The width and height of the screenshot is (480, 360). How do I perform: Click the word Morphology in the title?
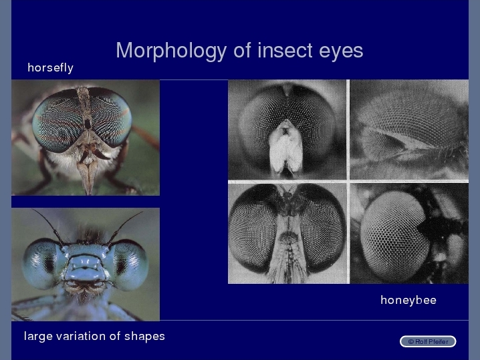[171, 51]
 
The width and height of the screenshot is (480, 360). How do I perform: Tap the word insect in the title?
[285, 50]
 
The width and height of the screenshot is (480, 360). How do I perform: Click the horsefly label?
[51, 67]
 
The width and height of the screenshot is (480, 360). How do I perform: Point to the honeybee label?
[408, 300]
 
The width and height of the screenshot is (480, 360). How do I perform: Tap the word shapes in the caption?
[144, 337]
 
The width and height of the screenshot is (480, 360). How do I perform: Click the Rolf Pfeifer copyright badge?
[428, 341]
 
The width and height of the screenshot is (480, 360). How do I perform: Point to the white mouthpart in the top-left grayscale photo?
[285, 148]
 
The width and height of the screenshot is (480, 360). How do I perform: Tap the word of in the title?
[242, 50]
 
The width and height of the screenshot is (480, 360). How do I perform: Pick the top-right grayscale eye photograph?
[409, 130]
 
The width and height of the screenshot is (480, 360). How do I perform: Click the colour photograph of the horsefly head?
[86, 138]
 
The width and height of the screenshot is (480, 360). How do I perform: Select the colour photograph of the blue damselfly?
[86, 264]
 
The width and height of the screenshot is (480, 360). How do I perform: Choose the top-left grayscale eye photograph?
[287, 130]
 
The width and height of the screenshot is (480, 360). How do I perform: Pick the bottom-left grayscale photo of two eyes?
[287, 233]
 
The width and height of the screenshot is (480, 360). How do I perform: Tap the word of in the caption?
[115, 336]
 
